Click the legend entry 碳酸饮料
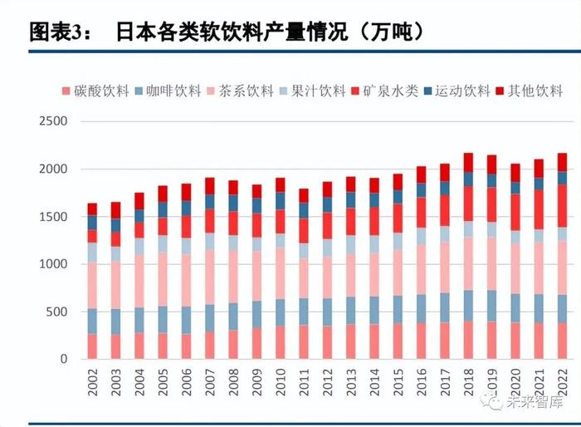point(96,91)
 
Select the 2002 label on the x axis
point(92,383)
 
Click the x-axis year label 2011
point(304,383)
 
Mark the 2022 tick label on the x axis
point(562,383)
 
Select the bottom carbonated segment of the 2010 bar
point(281,342)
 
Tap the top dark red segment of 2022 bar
point(562,162)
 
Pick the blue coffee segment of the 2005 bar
point(163,320)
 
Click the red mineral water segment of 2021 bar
point(539,209)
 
